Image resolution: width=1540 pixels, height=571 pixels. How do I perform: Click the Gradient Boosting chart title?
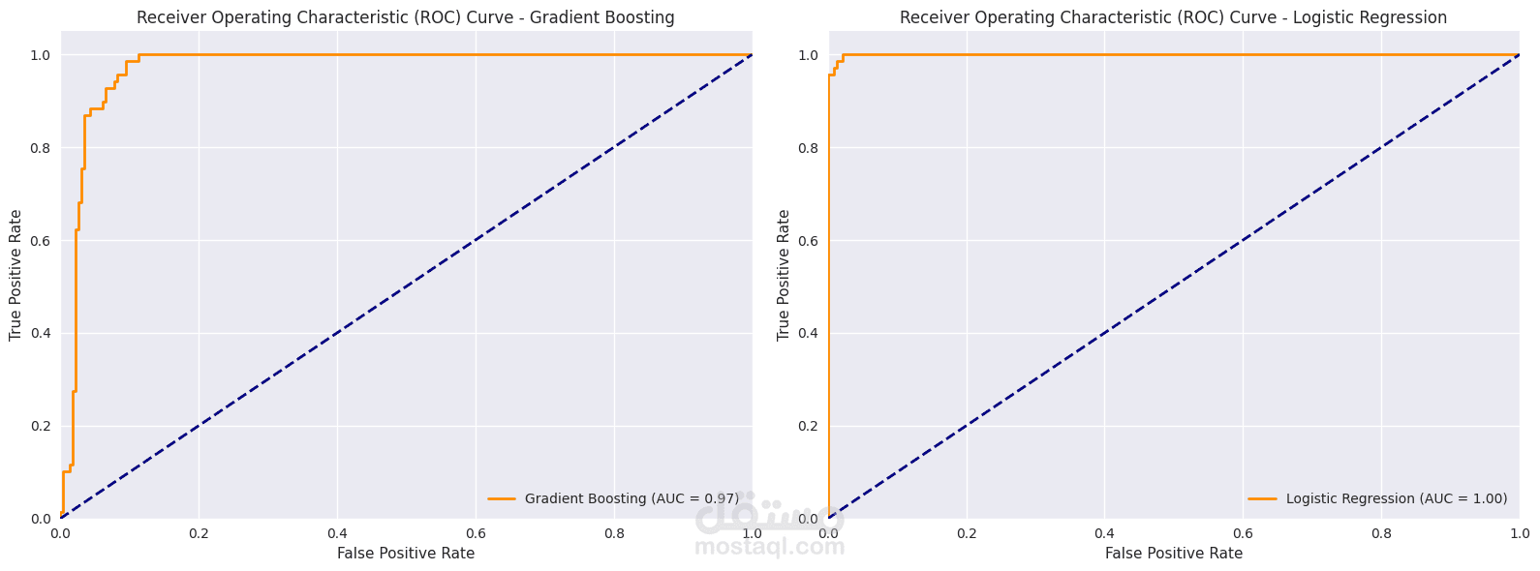[x=405, y=17]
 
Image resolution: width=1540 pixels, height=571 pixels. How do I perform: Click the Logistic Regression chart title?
[x=1173, y=17]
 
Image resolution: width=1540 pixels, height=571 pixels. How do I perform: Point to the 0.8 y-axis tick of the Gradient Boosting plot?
[x=40, y=148]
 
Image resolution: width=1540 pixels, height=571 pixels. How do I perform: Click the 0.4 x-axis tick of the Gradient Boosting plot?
[x=337, y=533]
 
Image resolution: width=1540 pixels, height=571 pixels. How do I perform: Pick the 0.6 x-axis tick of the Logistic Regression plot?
[x=1244, y=533]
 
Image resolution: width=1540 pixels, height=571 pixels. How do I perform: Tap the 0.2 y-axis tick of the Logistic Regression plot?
[x=808, y=426]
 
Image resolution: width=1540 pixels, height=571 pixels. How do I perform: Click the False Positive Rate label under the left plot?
[x=406, y=554]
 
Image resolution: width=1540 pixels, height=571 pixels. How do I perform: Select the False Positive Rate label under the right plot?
[x=1174, y=554]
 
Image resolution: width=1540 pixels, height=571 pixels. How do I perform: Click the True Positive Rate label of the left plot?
[x=15, y=275]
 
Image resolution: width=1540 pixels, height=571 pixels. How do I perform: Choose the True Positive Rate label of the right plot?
[x=784, y=275]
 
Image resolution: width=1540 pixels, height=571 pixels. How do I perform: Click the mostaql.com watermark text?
[x=769, y=548]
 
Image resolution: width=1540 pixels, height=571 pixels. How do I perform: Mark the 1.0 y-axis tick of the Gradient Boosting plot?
[x=40, y=55]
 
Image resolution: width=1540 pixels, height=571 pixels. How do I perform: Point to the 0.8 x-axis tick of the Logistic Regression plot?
[x=1382, y=533]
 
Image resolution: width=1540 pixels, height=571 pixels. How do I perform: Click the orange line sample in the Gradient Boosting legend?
[x=501, y=498]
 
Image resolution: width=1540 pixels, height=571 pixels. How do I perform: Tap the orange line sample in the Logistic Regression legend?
[x=1262, y=498]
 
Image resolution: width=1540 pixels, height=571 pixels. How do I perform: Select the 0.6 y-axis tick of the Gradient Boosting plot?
[x=40, y=241]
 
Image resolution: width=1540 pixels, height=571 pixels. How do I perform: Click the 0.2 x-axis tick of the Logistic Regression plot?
[x=967, y=533]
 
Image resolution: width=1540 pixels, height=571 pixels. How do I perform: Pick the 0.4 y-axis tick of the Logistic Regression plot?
[x=808, y=334]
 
